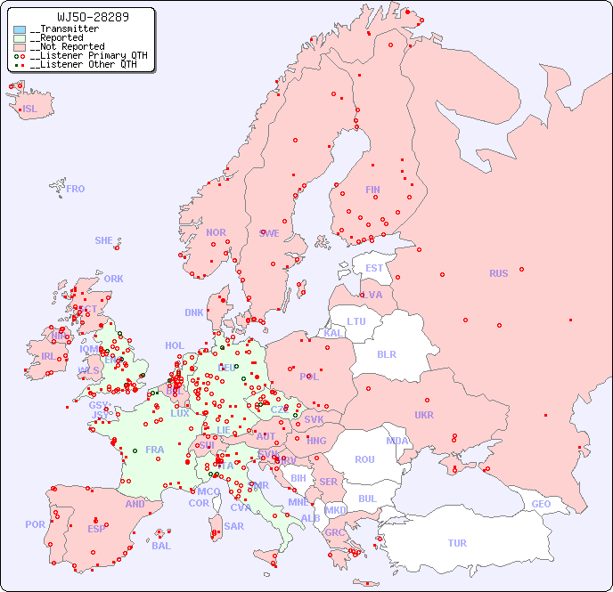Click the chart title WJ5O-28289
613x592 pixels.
point(80,17)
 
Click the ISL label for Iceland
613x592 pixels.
point(30,109)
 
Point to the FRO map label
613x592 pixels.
point(76,189)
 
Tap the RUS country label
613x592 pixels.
point(498,273)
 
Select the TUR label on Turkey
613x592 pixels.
point(457,543)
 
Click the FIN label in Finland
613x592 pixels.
point(372,190)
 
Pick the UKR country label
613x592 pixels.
point(424,415)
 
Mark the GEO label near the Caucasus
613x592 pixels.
point(541,504)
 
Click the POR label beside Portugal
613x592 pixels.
point(35,524)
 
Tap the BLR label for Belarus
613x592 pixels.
point(386,353)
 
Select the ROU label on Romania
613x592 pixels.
point(364,459)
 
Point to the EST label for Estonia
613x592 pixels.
point(374,268)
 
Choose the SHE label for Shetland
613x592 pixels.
point(104,240)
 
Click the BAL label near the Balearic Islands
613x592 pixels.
point(161,546)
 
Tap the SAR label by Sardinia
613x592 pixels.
point(234,526)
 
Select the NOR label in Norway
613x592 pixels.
point(216,232)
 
